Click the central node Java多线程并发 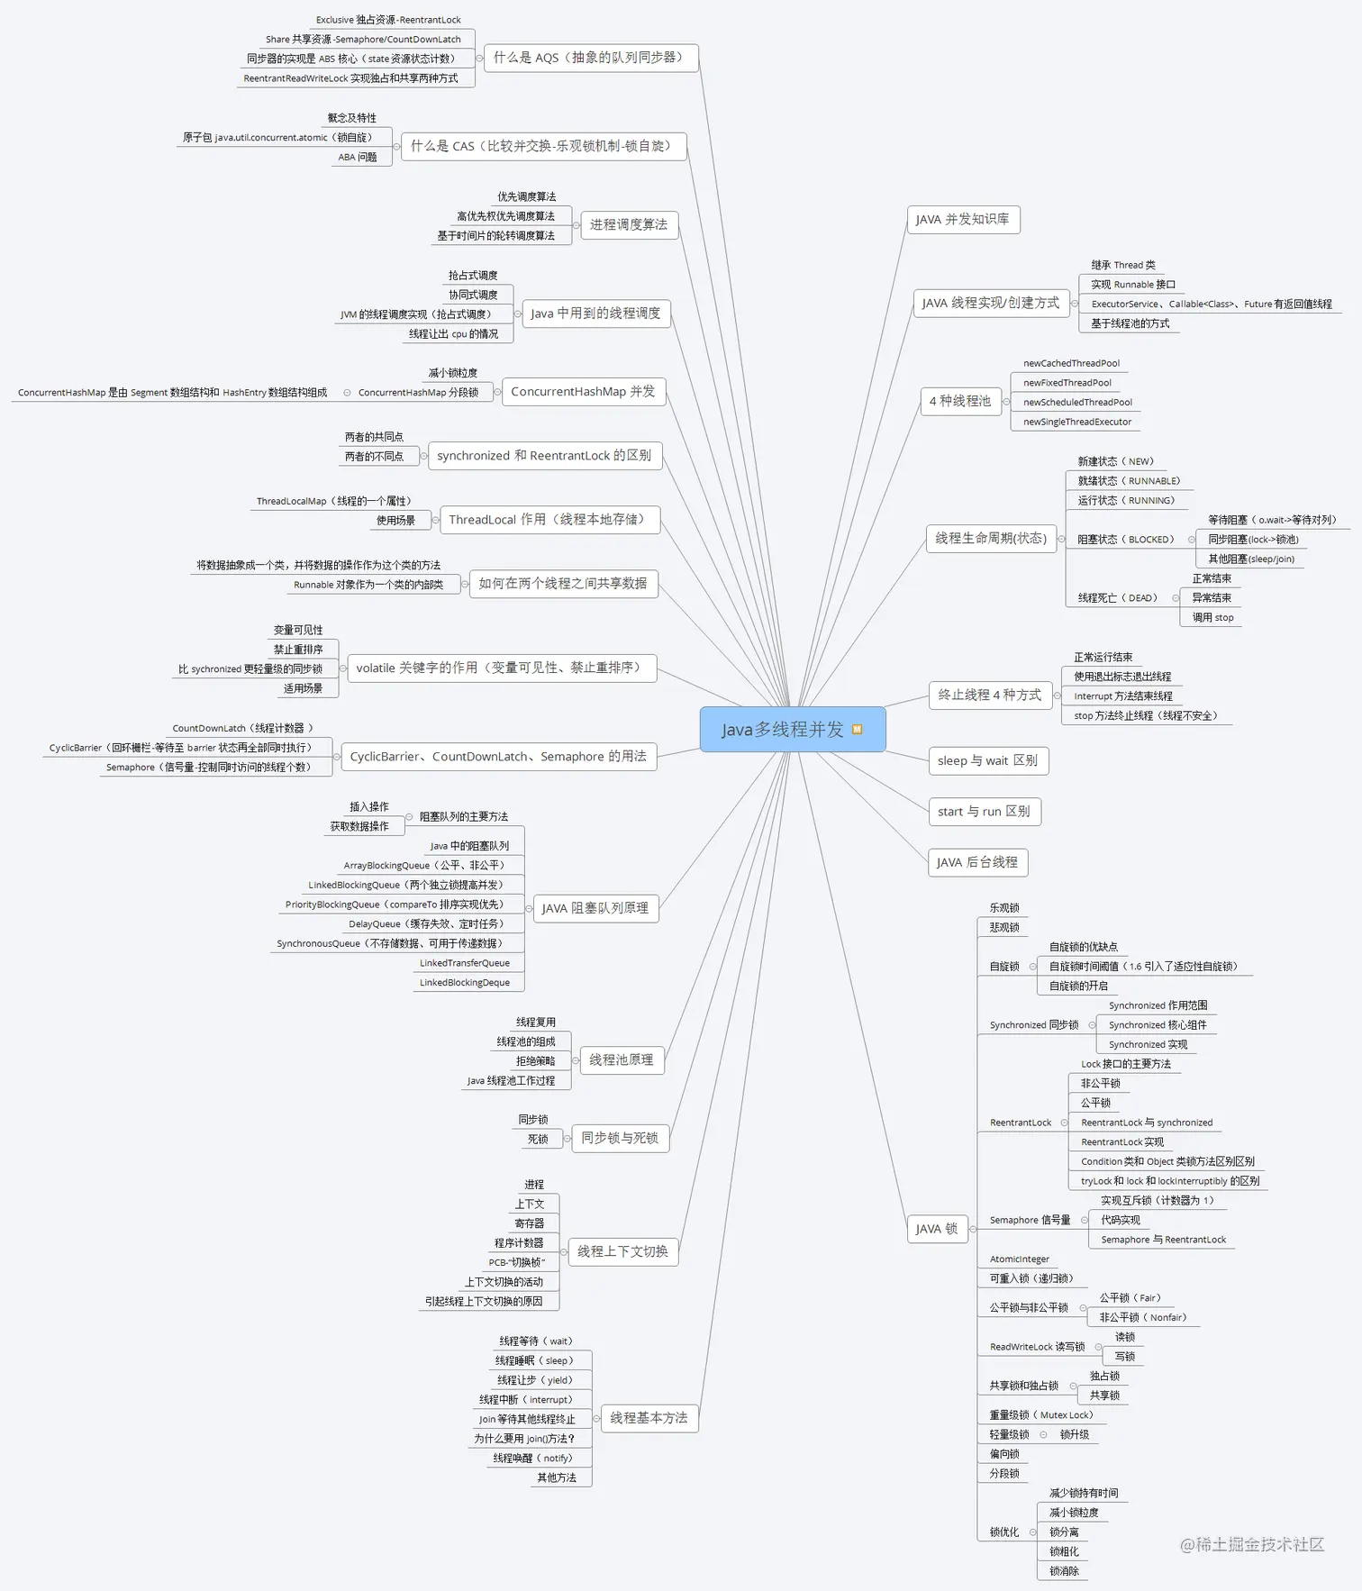[x=782, y=730]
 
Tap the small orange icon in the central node [x=858, y=730]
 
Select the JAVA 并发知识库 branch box [x=962, y=220]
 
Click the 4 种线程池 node [x=959, y=401]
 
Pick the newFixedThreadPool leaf [x=1067, y=383]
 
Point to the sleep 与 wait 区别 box [x=987, y=761]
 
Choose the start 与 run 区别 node [x=983, y=812]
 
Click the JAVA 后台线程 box [x=976, y=863]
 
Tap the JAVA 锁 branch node [x=936, y=1229]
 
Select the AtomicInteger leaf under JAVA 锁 [x=1019, y=1259]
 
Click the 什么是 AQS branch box [x=591, y=58]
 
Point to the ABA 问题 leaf [x=358, y=158]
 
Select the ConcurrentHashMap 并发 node [x=583, y=392]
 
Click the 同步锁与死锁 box [x=620, y=1139]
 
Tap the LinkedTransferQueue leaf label [x=464, y=963]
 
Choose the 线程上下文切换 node [x=622, y=1252]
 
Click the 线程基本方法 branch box [x=649, y=1419]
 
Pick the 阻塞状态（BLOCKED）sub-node [x=1125, y=540]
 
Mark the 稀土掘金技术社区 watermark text [x=1252, y=1544]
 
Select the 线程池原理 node [x=621, y=1060]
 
